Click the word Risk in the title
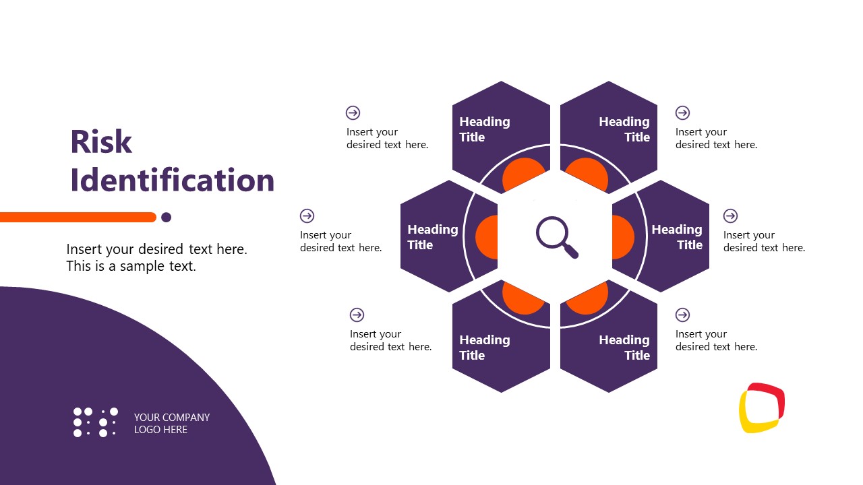pos(101,142)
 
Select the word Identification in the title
pos(172,181)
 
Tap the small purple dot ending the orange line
pos(167,217)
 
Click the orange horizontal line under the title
pos(78,217)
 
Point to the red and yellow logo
pos(762,408)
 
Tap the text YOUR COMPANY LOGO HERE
pos(171,423)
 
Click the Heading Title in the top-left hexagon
pos(484,129)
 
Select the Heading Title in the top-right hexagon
pos(624,129)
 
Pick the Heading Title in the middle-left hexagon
pos(432,237)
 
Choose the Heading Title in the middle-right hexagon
pos(677,237)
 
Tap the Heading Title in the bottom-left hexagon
pos(484,348)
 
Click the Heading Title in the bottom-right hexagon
pos(624,348)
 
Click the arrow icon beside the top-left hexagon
pos(353,112)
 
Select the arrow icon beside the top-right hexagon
pos(682,112)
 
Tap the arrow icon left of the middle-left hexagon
pos(307,216)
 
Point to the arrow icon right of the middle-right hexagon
pos(730,216)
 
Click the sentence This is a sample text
pos(131,266)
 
